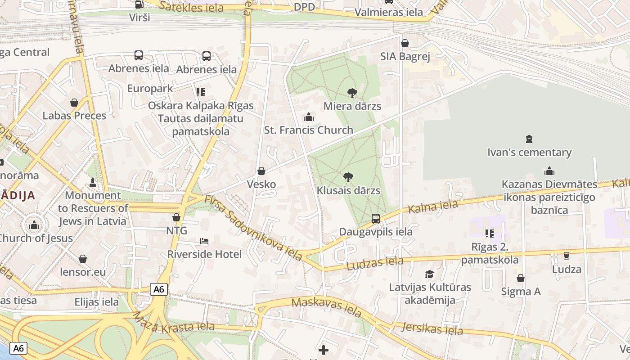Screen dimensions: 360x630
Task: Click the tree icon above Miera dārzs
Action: (x=352, y=93)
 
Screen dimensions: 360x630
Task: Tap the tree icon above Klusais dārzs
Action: (x=348, y=177)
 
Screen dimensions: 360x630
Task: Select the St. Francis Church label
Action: (x=308, y=130)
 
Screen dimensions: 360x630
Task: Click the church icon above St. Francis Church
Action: (x=309, y=117)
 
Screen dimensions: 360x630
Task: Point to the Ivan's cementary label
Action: (x=529, y=153)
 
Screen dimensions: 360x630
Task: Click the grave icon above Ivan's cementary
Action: (x=529, y=139)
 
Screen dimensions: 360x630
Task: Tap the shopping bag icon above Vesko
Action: (x=261, y=171)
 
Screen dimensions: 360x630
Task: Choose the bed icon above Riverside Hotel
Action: (x=204, y=241)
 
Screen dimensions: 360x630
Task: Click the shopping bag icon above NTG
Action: (x=176, y=217)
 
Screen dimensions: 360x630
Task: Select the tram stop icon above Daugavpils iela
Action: (x=376, y=219)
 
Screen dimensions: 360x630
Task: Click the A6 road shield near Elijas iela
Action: (x=159, y=289)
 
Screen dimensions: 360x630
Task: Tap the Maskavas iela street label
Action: (x=326, y=308)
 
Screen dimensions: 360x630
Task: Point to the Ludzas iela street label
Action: (x=375, y=263)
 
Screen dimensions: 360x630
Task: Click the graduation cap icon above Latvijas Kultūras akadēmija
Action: (x=430, y=274)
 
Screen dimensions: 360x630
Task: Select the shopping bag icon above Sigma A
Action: (x=521, y=278)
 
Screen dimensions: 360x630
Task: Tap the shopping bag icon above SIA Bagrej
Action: (x=405, y=43)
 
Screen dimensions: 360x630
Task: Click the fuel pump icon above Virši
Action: (x=139, y=4)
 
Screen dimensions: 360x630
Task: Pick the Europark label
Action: (x=150, y=88)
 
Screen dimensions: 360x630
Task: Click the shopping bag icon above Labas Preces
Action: (x=74, y=103)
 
